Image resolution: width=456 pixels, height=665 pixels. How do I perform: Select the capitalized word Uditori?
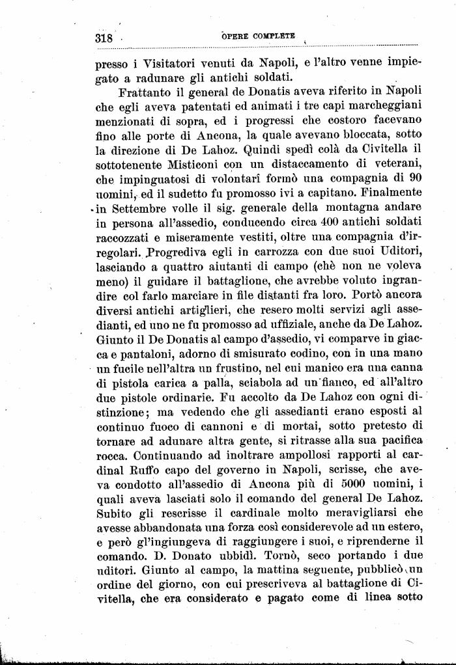click(400, 252)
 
